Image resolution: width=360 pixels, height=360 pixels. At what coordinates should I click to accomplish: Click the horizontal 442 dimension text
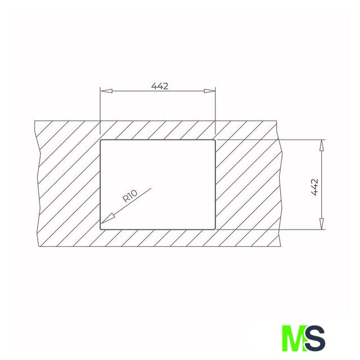(160, 86)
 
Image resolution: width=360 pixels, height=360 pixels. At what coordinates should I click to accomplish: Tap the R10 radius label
(130, 196)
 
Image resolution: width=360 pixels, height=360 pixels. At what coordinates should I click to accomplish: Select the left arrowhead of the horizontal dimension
(106, 91)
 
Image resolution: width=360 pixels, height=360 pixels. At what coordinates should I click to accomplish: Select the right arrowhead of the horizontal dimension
(210, 91)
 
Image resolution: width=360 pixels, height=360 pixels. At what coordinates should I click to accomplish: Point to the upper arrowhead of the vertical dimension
(322, 145)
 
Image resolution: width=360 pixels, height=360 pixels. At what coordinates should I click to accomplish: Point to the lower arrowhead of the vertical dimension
(322, 224)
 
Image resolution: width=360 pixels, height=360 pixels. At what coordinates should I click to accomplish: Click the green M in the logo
(295, 338)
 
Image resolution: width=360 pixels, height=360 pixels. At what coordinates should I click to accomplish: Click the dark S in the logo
(315, 338)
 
